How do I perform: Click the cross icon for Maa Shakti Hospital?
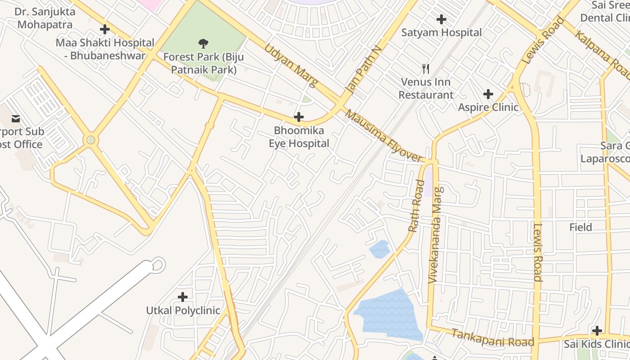point(105,30)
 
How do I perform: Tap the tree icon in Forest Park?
point(203,44)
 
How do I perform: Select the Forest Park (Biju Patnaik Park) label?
point(203,63)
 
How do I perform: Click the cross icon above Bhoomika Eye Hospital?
point(298,117)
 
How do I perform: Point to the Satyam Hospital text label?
point(441,32)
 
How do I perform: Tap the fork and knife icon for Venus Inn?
point(426,69)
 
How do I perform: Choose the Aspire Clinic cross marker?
point(488,94)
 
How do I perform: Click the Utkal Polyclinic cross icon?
point(183,297)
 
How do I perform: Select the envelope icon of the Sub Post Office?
point(16,119)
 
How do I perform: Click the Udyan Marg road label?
point(291,65)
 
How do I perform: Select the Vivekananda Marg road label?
point(436,235)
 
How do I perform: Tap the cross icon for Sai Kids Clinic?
point(597,331)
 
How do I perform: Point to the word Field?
point(580,227)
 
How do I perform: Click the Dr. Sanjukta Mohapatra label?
point(45,18)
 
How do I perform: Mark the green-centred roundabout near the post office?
point(91,140)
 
